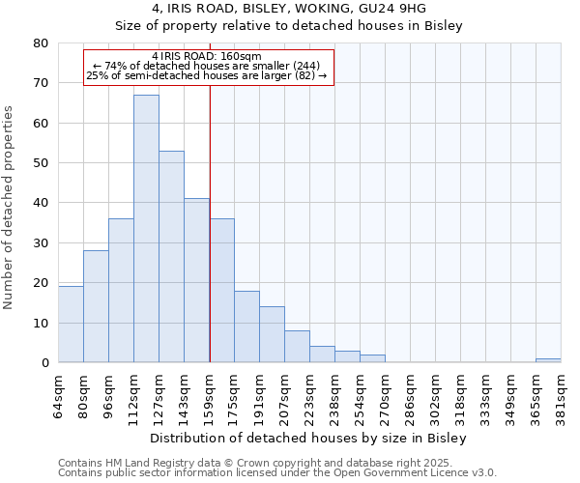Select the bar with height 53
tap(171, 257)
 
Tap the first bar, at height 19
tap(71, 325)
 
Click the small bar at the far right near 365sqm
tap(548, 360)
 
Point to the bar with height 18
tap(246, 327)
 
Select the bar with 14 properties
tap(272, 334)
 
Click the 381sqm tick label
tap(562, 395)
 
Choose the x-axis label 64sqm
tap(59, 395)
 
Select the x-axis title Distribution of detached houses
tap(308, 439)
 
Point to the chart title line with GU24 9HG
tap(289, 9)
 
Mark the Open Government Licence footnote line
tap(277, 472)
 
